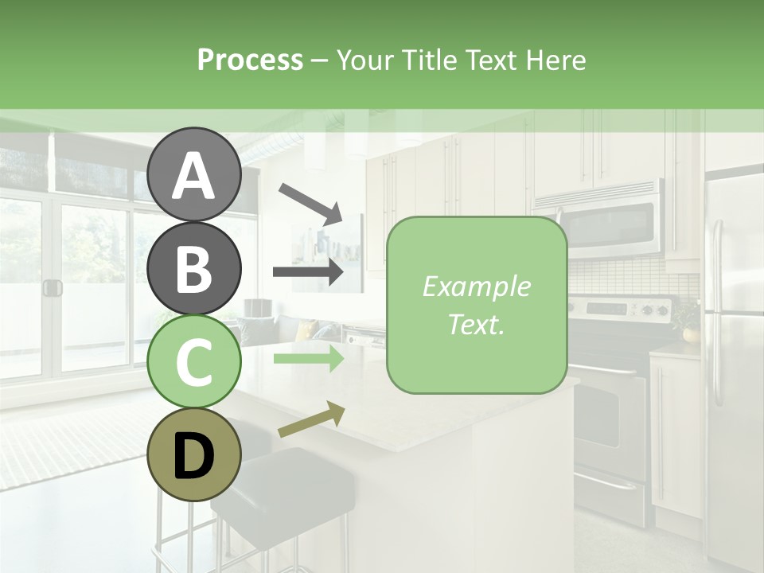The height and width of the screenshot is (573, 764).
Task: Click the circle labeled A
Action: click(x=193, y=175)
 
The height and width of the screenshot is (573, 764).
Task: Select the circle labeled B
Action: click(x=193, y=268)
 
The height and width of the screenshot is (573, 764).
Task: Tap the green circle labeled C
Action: click(x=193, y=361)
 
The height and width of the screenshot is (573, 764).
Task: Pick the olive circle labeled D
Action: click(x=193, y=454)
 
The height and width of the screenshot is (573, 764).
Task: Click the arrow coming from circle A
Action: click(x=310, y=202)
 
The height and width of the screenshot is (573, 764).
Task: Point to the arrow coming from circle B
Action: click(x=309, y=272)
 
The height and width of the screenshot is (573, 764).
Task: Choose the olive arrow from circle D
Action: click(x=311, y=419)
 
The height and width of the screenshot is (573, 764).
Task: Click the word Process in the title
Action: click(x=250, y=60)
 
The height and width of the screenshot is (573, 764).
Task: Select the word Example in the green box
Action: click(x=476, y=287)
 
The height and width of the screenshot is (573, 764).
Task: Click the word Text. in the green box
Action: click(x=476, y=325)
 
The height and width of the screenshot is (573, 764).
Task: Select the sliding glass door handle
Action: click(x=53, y=288)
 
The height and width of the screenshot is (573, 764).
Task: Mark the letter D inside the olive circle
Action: click(x=193, y=456)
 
